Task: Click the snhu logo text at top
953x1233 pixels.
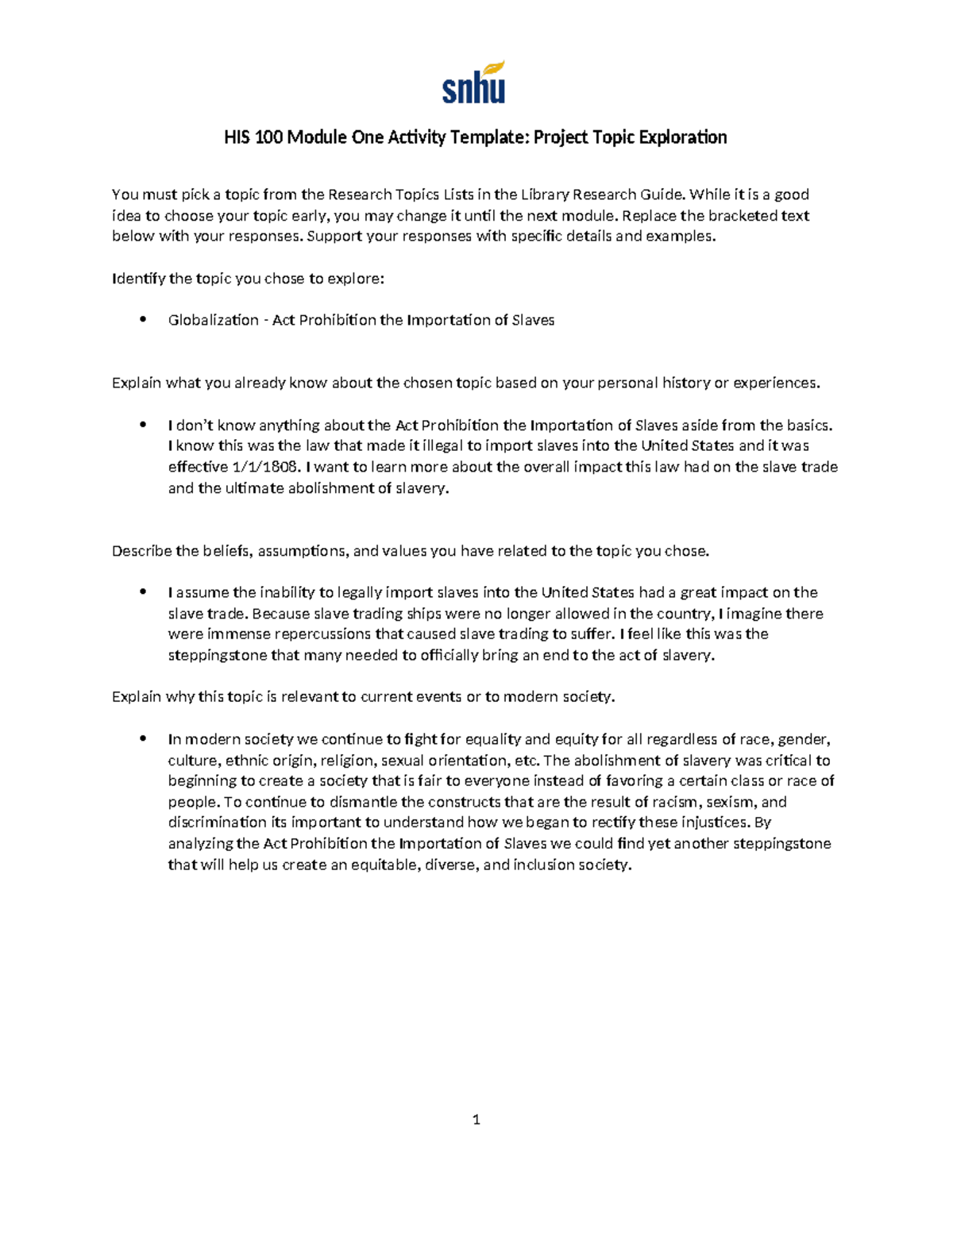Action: (x=473, y=89)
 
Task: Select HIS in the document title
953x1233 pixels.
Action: (x=236, y=137)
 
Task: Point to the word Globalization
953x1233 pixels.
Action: (x=213, y=320)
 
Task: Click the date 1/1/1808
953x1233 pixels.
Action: (x=264, y=467)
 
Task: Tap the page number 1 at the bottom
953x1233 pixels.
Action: (x=476, y=1120)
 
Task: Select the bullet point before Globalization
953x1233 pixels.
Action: (x=143, y=320)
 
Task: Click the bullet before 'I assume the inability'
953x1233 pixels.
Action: (x=143, y=592)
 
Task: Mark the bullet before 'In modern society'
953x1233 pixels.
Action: (x=143, y=739)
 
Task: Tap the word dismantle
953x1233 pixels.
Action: (x=363, y=802)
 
